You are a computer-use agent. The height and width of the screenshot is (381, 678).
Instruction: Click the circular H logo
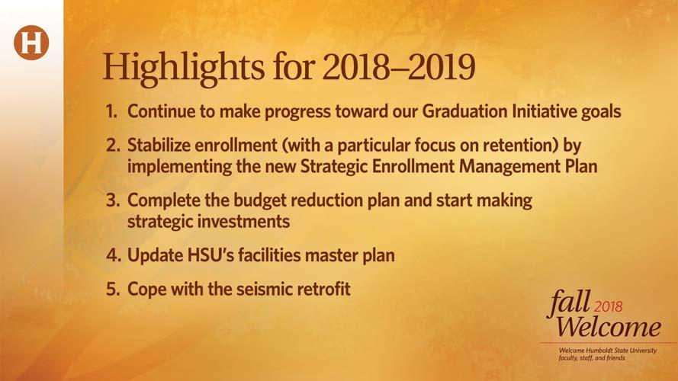(31, 43)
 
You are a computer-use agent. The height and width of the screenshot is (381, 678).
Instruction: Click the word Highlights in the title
(183, 67)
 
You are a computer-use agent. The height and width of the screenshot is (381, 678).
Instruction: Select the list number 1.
(111, 111)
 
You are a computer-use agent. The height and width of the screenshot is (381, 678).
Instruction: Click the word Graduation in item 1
(464, 111)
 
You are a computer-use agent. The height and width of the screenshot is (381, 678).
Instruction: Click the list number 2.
(113, 145)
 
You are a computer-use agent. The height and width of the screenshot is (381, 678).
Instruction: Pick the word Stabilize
(159, 145)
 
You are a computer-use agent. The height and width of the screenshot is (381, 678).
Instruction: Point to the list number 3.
(113, 200)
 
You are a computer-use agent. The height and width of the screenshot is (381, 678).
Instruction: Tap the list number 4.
(114, 255)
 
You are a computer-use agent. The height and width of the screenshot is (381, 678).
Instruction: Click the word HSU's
(210, 255)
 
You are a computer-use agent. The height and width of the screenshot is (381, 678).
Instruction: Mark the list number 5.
(113, 289)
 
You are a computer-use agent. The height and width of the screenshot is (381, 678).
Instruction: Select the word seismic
(261, 289)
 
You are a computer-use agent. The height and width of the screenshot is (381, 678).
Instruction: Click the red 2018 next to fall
(609, 306)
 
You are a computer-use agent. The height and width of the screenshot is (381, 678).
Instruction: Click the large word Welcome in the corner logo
(609, 327)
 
